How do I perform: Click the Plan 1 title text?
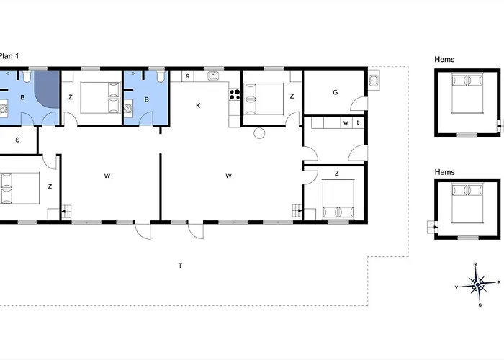pos(9,56)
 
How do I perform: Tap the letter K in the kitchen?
pos(198,105)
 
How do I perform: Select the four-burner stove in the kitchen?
pos(235,94)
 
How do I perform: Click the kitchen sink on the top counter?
pos(213,76)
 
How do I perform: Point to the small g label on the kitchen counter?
pos(188,76)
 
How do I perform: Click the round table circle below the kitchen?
pos(259,133)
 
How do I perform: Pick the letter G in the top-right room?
pos(336,93)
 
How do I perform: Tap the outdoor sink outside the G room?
pos(373,80)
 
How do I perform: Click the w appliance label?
pos(346,122)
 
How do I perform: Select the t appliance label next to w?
pos(358,122)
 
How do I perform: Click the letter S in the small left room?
pos(17,140)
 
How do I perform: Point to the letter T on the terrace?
pos(180,266)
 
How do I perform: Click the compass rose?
pos(477,284)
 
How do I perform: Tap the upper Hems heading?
pos(444,60)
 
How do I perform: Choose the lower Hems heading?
pos(444,172)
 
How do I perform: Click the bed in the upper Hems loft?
pos(468,93)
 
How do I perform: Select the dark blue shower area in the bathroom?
pos(47,89)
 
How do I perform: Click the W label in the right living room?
pos(228,176)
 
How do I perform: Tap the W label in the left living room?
pos(107,176)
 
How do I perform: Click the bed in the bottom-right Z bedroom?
pos(338,199)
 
